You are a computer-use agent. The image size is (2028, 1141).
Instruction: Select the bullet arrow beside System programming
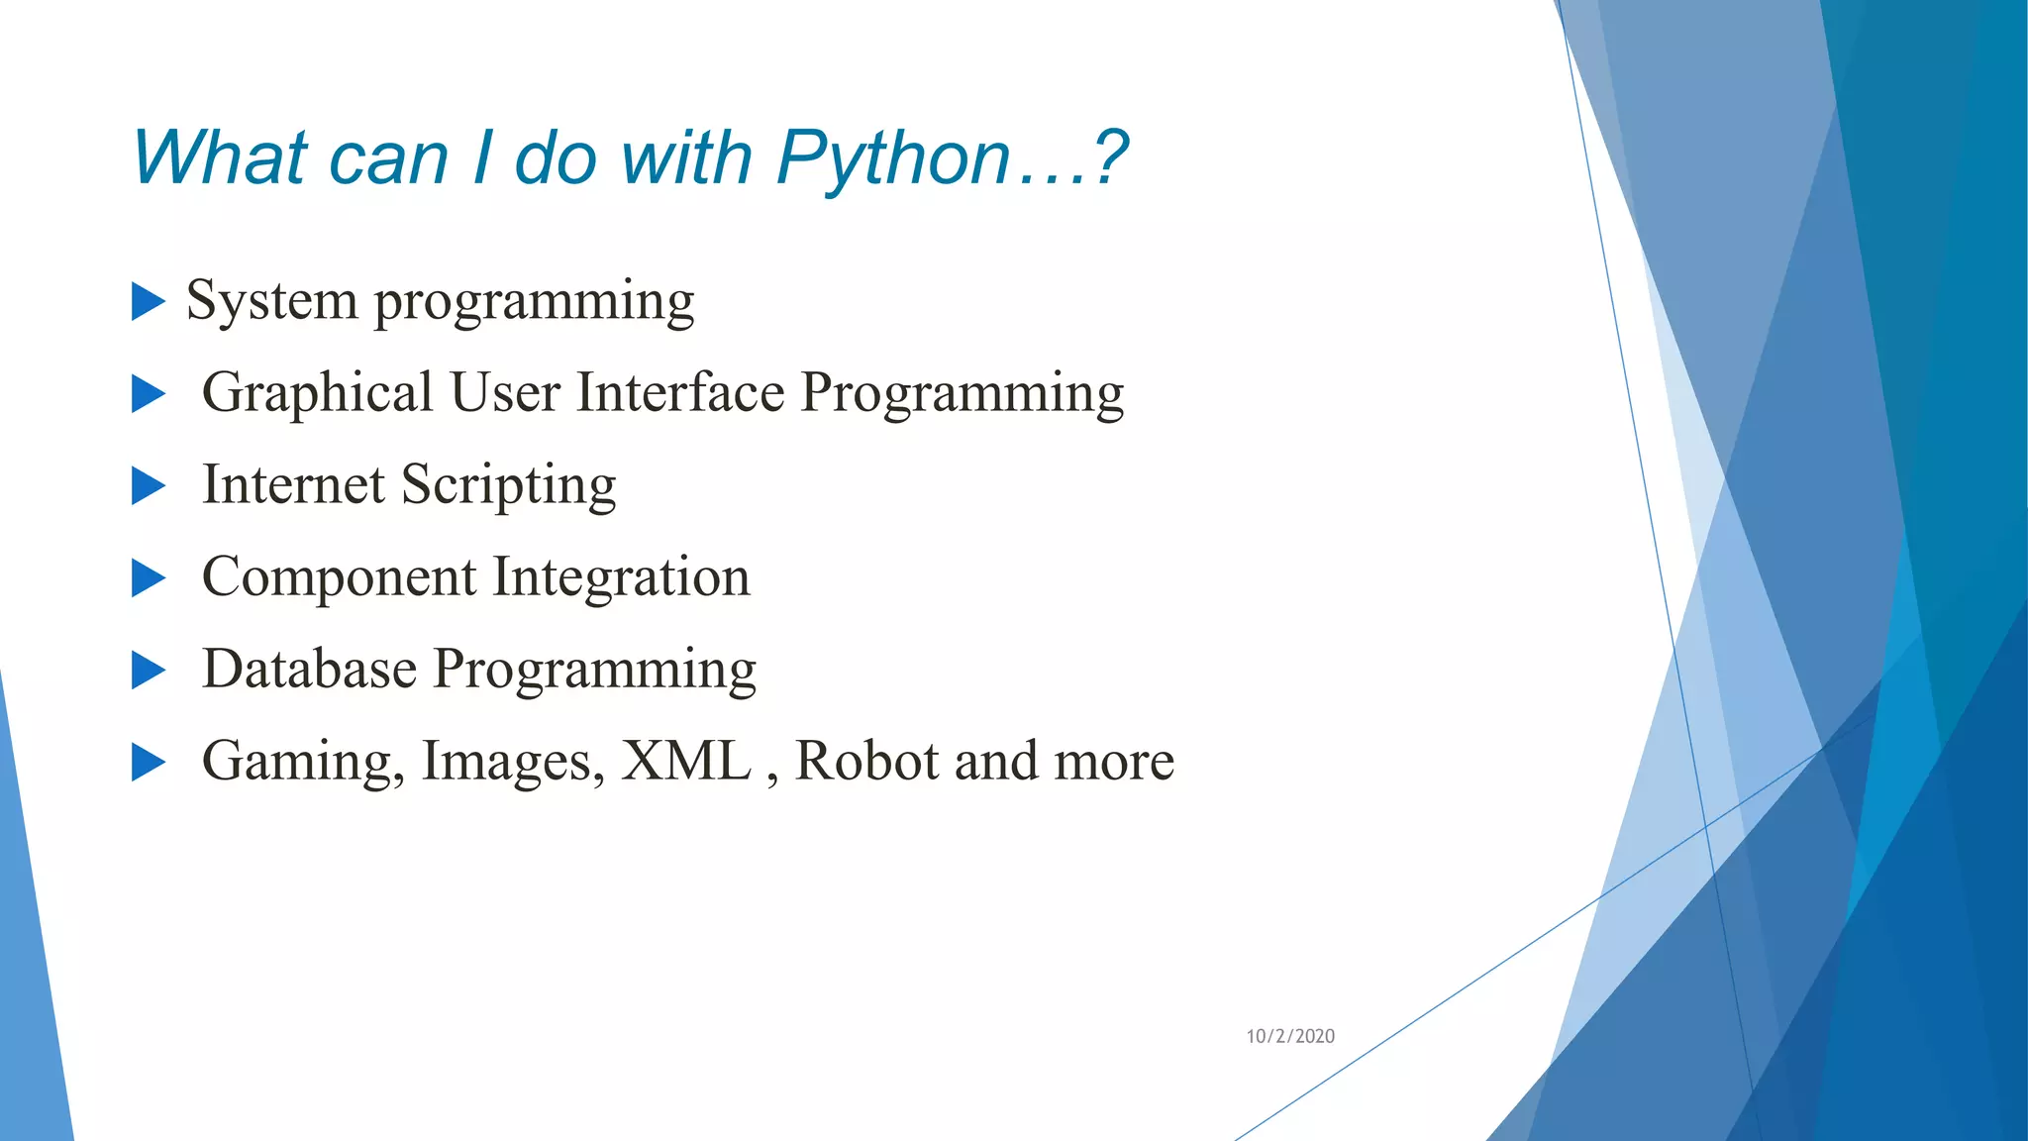148,301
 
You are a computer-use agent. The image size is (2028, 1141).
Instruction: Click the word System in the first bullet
271,300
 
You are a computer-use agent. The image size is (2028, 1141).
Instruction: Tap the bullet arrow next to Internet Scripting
148,486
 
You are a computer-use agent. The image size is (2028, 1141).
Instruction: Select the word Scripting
508,485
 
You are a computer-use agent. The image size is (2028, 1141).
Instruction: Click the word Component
339,578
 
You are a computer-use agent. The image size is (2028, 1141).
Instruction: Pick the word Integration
621,577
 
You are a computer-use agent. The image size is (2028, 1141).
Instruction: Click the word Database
309,669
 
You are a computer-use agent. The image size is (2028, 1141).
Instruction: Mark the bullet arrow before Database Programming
148,671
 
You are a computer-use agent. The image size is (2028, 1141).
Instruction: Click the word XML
685,761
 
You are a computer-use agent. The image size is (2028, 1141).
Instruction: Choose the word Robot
866,761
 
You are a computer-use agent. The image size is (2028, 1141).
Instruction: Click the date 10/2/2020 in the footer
1289,1036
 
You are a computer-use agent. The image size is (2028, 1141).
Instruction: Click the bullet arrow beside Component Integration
148,578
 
